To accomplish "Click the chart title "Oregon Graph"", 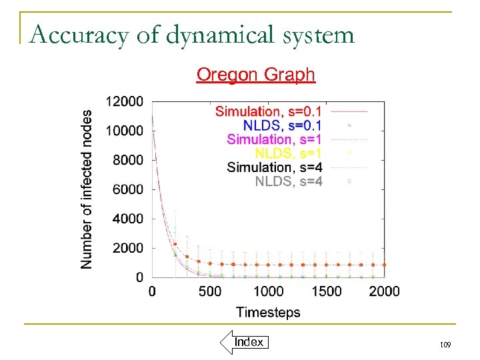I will tap(255, 74).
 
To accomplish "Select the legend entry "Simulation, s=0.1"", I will tap(268, 111).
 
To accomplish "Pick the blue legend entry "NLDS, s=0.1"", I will tap(282, 125).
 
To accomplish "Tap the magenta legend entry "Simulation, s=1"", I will tap(274, 139).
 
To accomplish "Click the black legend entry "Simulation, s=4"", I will tap(274, 167).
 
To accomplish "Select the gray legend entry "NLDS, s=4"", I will tap(288, 181).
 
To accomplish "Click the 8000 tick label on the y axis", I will tap(127, 160).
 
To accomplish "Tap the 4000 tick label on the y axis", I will tap(127, 219).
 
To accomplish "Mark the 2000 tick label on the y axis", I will tap(127, 248).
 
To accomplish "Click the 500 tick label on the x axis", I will tap(211, 291).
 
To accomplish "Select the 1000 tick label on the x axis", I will tap(268, 291).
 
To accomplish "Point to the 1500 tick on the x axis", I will tap(327, 291).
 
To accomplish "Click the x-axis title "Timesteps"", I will tap(268, 312).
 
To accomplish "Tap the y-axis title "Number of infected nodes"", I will tap(87, 189).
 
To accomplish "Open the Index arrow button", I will tap(244, 342).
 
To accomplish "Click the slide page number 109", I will tap(445, 345).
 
